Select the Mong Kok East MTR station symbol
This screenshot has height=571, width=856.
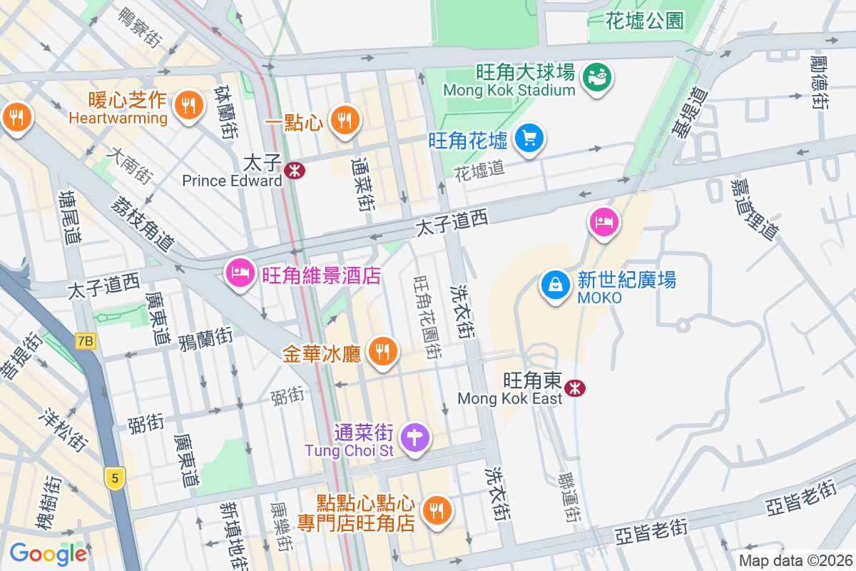point(575,388)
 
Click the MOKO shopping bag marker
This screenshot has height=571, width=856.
point(555,285)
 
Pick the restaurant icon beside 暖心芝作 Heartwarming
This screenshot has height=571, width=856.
point(188,106)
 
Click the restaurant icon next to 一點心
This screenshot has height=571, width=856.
point(345,119)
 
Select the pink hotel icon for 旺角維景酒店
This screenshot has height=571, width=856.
point(240,273)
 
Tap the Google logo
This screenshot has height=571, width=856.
point(48,554)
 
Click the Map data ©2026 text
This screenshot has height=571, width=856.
point(795,561)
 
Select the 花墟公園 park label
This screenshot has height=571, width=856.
point(644,20)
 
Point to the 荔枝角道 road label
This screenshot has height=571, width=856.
point(142,222)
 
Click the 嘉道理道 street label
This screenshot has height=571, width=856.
point(753,208)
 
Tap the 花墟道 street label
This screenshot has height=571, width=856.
point(479,169)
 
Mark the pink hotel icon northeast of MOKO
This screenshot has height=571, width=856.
point(603,223)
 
